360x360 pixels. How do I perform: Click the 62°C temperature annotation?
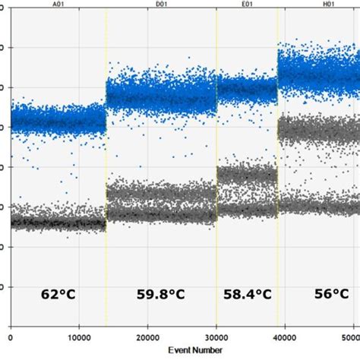[58, 294]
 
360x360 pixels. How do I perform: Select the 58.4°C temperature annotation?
[248, 294]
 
